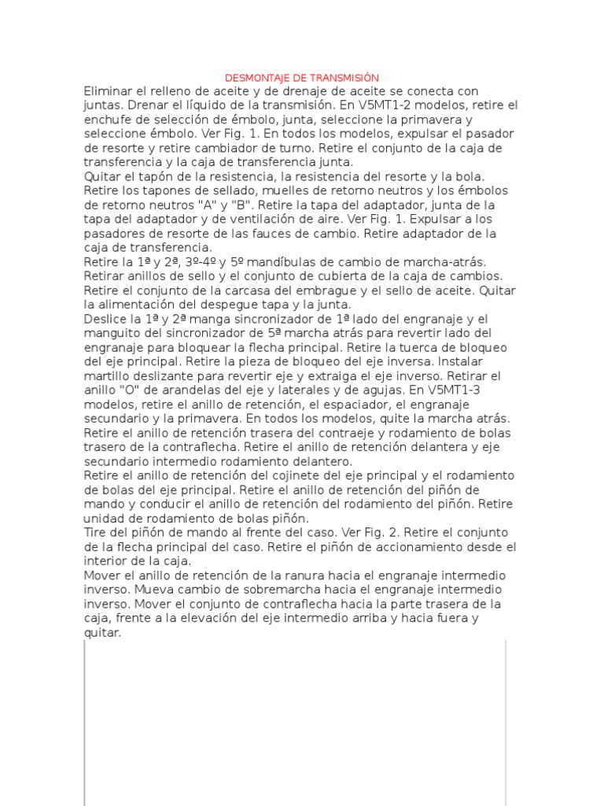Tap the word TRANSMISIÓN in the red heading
pyautogui.click(x=344, y=78)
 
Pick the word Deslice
pyautogui.click(x=106, y=319)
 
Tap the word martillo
pyautogui.click(x=108, y=375)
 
